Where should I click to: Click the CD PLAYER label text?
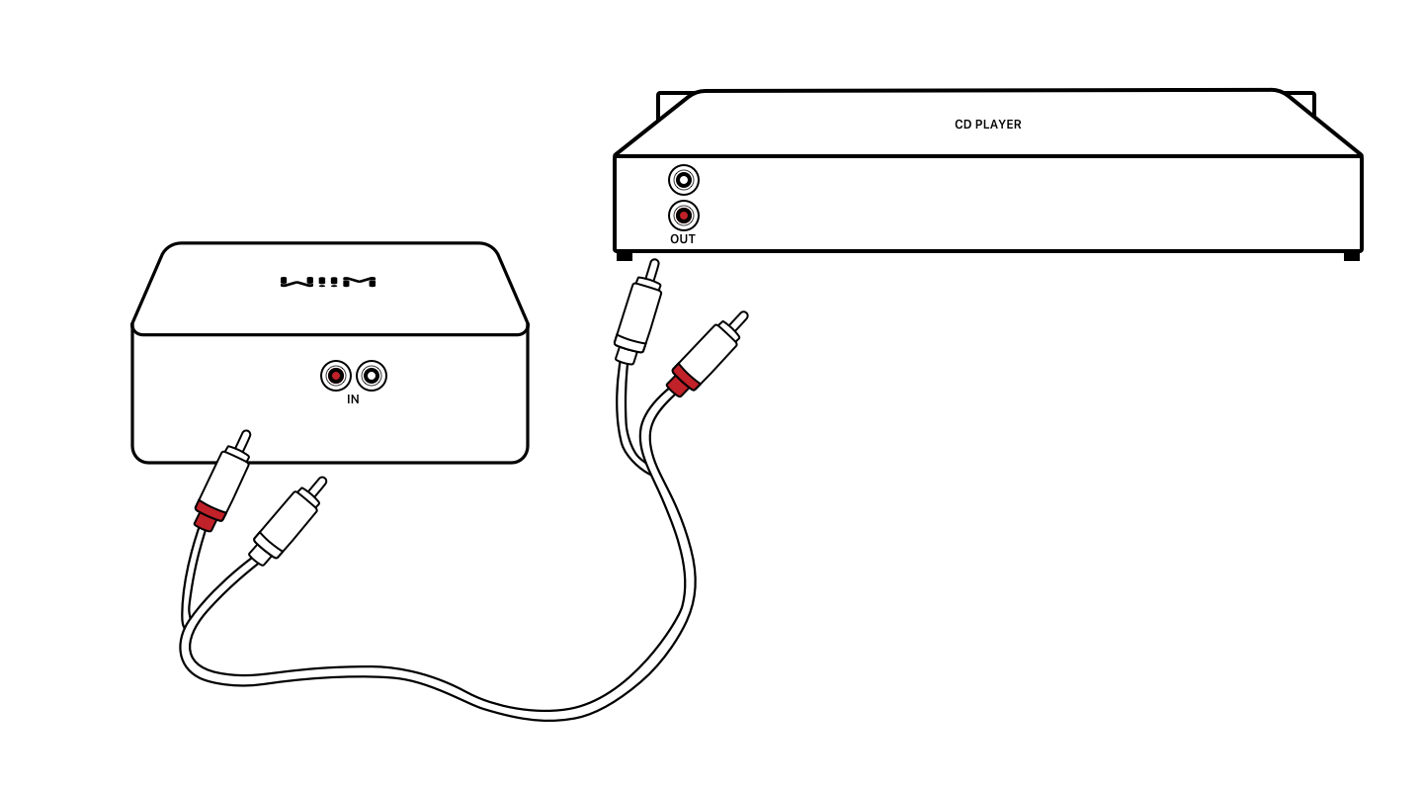[x=987, y=125]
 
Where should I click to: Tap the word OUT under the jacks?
[x=683, y=239]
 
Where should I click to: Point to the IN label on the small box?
[x=353, y=399]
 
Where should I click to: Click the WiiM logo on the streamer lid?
[x=328, y=282]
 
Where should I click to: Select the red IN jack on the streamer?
[x=336, y=376]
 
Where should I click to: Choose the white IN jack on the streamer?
[x=372, y=376]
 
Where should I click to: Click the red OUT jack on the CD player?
[x=683, y=216]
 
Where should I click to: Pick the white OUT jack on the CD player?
[x=683, y=180]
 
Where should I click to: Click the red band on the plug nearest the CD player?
[x=682, y=381]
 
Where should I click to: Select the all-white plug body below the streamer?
[x=285, y=522]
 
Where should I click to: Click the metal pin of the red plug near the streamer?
[x=242, y=439]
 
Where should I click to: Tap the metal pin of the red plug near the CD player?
[x=736, y=320]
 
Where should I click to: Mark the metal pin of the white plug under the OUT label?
[x=651, y=268]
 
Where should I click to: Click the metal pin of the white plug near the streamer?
[x=317, y=484]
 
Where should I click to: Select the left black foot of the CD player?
[x=625, y=256]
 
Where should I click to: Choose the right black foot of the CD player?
[x=1351, y=256]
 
